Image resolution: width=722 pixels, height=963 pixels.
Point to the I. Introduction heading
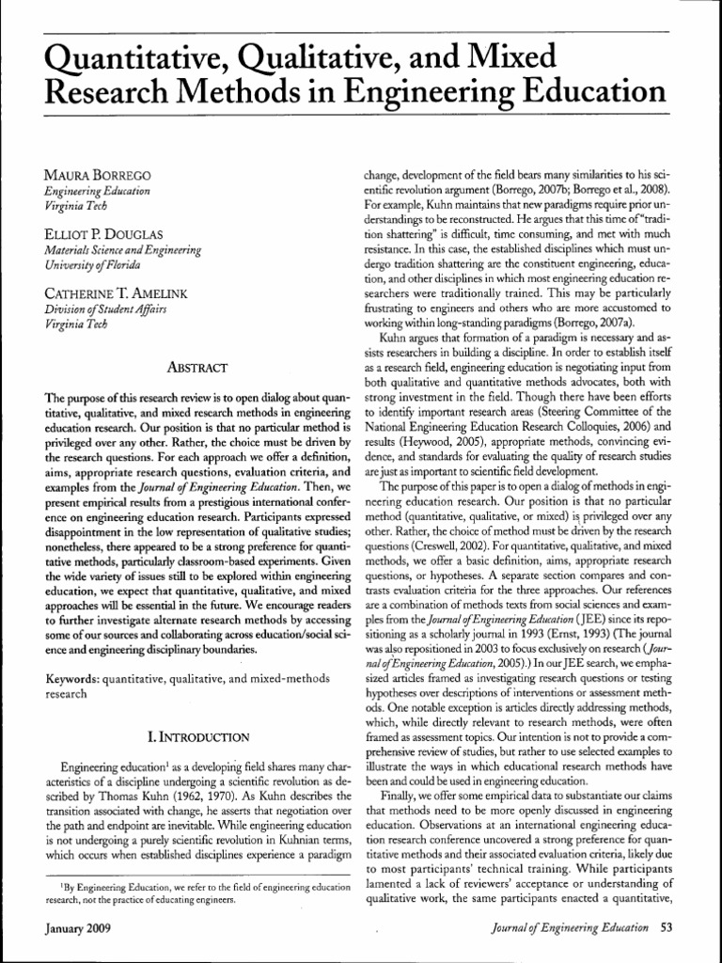[x=194, y=736]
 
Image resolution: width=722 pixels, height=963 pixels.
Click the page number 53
[x=667, y=927]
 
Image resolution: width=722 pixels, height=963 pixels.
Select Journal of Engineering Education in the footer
[x=570, y=927]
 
